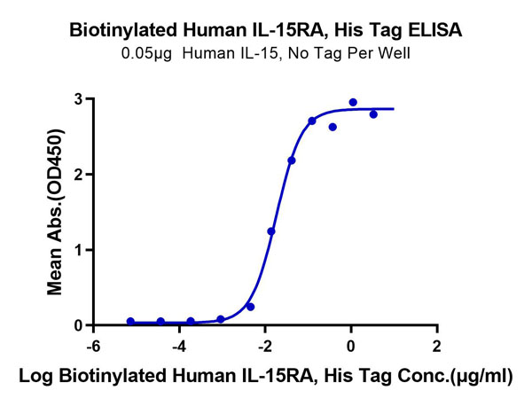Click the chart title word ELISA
434,31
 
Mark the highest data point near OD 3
353,103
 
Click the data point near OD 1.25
271,231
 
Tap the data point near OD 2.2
292,160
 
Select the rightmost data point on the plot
373,114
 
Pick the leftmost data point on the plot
130,321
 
